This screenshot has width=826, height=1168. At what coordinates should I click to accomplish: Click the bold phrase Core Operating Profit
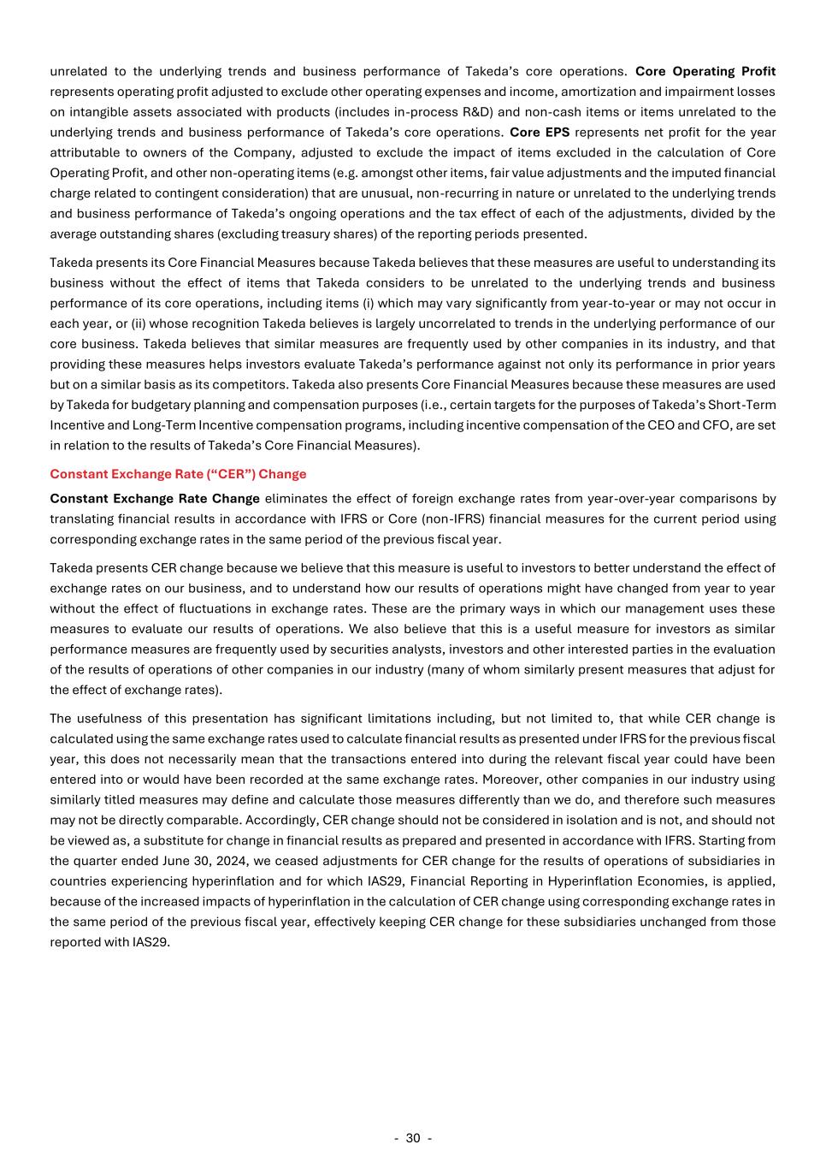(705, 71)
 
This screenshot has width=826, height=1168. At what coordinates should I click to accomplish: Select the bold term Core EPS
(540, 132)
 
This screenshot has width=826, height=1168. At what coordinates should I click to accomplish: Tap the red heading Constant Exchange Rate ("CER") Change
(178, 474)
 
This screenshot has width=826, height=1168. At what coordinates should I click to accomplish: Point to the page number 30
(413, 1138)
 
